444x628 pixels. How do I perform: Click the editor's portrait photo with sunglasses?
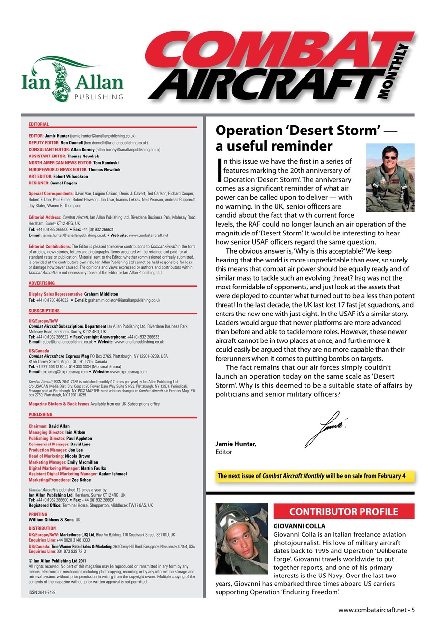(390, 171)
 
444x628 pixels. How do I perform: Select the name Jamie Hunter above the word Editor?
(236, 445)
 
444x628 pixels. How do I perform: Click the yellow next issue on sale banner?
(312, 476)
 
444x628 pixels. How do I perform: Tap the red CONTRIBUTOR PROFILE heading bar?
(343, 512)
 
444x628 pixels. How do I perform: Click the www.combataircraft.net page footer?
(376, 610)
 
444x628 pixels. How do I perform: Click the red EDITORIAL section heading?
(39, 125)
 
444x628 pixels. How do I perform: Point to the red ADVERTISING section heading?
(42, 283)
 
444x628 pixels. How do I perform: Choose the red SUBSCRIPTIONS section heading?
(44, 311)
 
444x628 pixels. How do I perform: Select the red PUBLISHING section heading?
(41, 414)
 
